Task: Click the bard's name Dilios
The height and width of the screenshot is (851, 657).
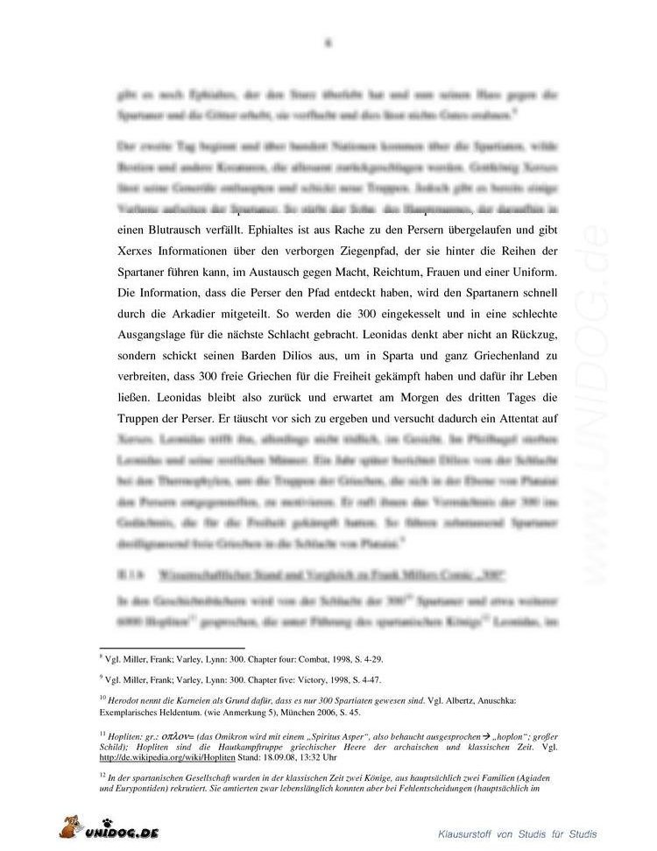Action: click(x=296, y=355)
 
